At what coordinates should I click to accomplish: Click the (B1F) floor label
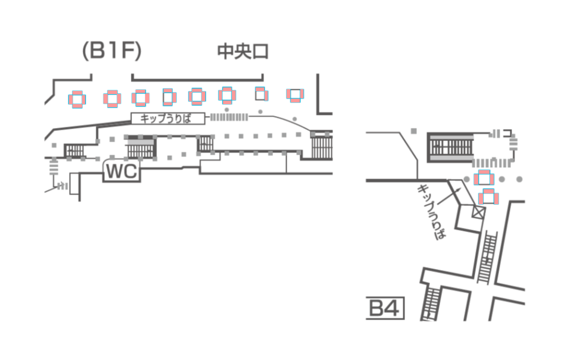pyautogui.click(x=111, y=52)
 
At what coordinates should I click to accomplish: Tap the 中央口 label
pyautogui.click(x=243, y=52)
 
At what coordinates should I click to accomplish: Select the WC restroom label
pyautogui.click(x=122, y=172)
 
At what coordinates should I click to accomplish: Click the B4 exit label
pyautogui.click(x=385, y=308)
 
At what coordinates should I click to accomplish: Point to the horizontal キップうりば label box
pyautogui.click(x=168, y=118)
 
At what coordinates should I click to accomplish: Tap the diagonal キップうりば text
pyautogui.click(x=432, y=211)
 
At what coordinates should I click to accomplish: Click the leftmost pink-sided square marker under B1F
pyautogui.click(x=77, y=99)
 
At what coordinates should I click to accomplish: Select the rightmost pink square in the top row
pyautogui.click(x=295, y=94)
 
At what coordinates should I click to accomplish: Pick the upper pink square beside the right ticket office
pyautogui.click(x=484, y=177)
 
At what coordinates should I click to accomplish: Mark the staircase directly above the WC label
pyautogui.click(x=140, y=147)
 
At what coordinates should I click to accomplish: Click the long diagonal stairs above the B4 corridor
pyautogui.click(x=488, y=256)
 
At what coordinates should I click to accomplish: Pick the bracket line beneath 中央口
pyautogui.click(x=197, y=78)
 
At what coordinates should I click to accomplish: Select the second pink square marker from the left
pyautogui.click(x=112, y=98)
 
